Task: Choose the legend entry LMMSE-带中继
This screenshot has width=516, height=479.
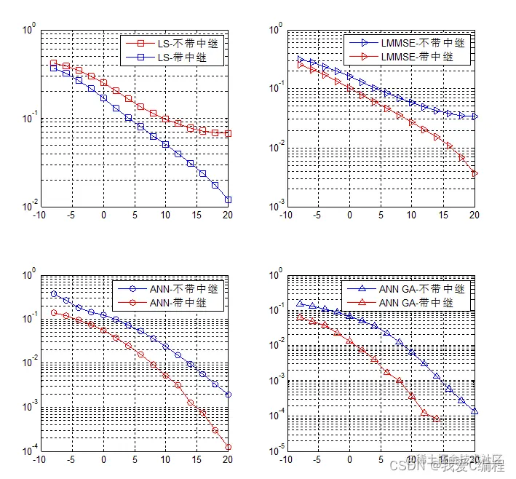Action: tap(422, 57)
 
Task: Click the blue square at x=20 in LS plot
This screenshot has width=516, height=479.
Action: tap(228, 199)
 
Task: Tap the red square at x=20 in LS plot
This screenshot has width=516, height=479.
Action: tap(228, 134)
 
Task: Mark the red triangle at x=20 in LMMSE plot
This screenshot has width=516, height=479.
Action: tap(475, 173)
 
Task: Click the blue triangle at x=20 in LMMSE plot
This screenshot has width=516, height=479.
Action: tap(475, 116)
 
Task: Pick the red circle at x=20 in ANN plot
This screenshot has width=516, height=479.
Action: tap(228, 448)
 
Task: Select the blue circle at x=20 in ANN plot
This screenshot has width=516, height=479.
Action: tap(228, 395)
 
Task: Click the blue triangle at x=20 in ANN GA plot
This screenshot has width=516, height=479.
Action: tap(475, 412)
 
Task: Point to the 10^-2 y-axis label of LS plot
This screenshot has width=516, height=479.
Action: tap(29, 207)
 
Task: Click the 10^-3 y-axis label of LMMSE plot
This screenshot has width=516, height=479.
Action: tap(276, 207)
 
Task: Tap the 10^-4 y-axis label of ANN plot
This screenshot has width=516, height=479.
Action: tap(29, 452)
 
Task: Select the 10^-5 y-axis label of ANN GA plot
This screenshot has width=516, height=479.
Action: tap(276, 452)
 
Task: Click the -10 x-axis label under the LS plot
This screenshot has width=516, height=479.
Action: tap(41, 215)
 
